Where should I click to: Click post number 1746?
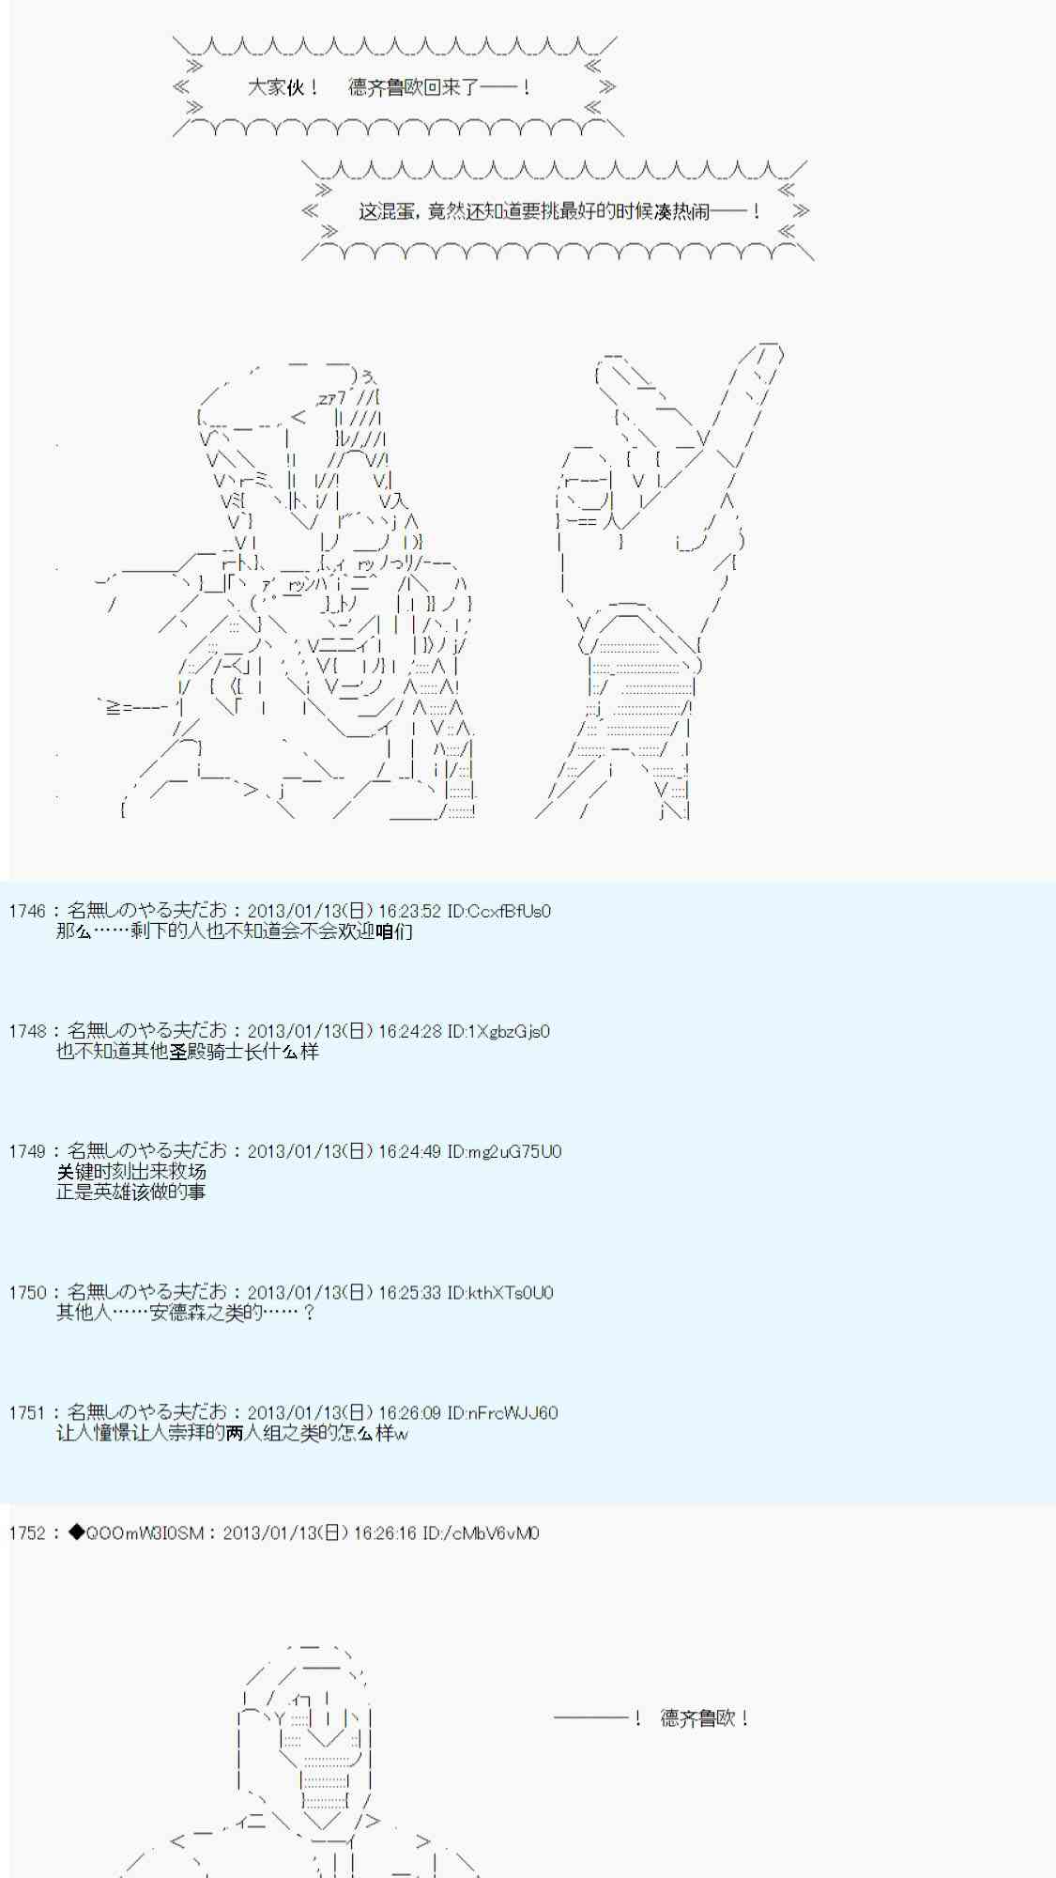26,911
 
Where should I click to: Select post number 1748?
26,1031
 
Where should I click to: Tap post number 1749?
26,1151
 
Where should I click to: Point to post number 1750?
26,1292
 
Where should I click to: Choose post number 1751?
26,1412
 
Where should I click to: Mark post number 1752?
26,1532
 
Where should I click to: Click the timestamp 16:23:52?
409,911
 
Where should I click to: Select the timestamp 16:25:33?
409,1292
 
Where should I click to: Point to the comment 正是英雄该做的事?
131,1192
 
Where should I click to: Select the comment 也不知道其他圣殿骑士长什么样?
188,1052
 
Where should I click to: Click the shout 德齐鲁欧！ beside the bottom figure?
704,1718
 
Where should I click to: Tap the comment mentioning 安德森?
186,1313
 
